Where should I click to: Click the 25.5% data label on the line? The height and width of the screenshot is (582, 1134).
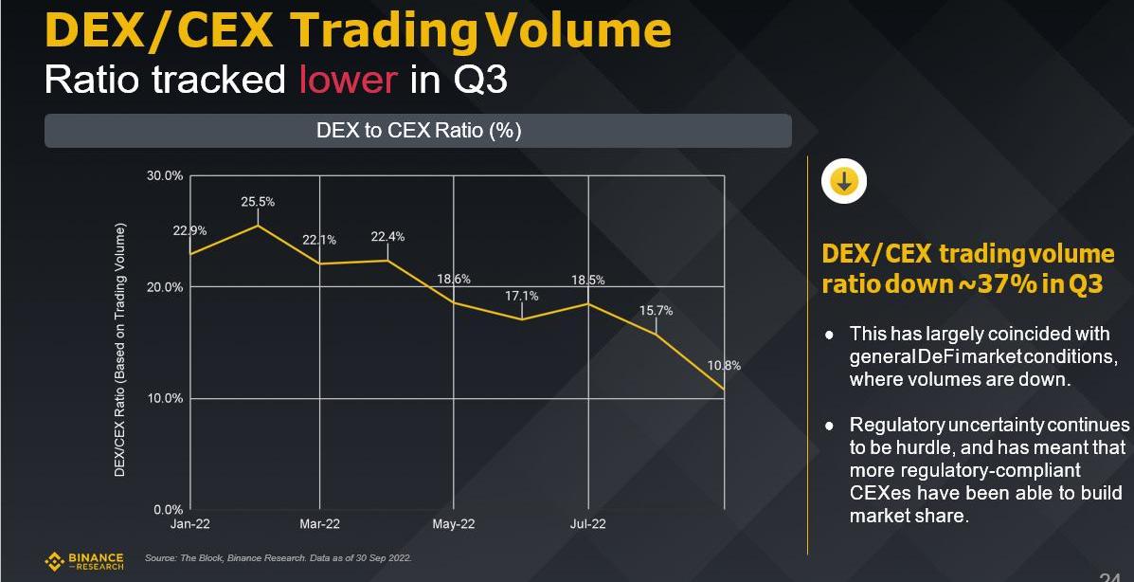click(x=258, y=202)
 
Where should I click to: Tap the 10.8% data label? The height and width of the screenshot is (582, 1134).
click(x=725, y=365)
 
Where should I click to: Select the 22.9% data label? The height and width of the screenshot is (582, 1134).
click(x=189, y=230)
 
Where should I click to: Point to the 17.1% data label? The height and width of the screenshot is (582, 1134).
click(x=522, y=296)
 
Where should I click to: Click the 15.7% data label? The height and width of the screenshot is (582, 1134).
click(x=656, y=310)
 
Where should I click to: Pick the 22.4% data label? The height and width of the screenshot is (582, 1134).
click(x=388, y=237)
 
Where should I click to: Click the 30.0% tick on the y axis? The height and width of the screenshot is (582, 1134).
click(x=165, y=175)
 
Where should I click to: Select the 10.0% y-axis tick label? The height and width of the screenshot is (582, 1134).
click(x=165, y=398)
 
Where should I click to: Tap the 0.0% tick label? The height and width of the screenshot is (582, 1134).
click(x=168, y=509)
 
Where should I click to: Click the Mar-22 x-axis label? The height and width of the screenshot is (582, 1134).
click(x=319, y=524)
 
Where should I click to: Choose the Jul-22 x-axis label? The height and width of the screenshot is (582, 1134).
click(x=588, y=524)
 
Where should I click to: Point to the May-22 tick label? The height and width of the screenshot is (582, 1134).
click(x=453, y=524)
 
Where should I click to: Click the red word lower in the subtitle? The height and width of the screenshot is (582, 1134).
click(x=348, y=80)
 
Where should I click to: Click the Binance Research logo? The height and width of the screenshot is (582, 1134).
click(x=85, y=561)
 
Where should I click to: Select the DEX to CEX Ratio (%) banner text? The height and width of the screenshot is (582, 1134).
click(x=418, y=131)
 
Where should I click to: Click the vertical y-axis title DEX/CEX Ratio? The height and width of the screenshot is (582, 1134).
click(x=120, y=351)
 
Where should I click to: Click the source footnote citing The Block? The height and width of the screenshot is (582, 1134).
click(x=278, y=557)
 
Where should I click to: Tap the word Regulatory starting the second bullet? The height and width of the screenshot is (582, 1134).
click(x=896, y=425)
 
